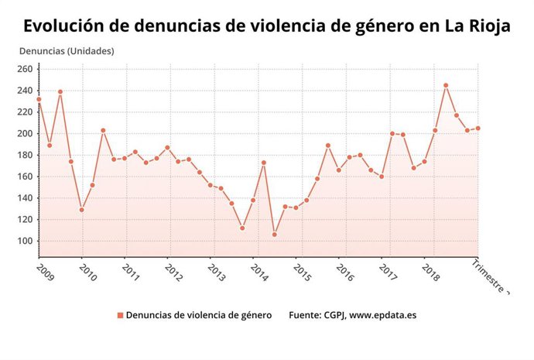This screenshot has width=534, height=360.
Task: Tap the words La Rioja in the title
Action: tap(478, 26)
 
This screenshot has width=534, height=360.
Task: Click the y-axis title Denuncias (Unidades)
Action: tap(65, 51)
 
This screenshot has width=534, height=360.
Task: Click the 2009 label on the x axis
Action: tap(44, 273)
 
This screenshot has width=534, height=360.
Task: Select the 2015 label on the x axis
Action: tap(302, 273)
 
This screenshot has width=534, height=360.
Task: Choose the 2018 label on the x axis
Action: tap(430, 273)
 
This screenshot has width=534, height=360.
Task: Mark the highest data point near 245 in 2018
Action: tap(446, 85)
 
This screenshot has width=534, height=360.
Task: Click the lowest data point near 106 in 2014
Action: tap(275, 235)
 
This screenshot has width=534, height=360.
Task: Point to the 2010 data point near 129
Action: tap(81, 210)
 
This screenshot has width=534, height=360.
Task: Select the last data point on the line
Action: tap(478, 129)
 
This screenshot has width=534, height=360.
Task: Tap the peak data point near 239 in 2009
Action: tap(60, 92)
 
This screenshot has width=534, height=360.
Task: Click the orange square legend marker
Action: tap(120, 315)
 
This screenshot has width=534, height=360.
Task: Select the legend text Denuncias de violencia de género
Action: tap(198, 315)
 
